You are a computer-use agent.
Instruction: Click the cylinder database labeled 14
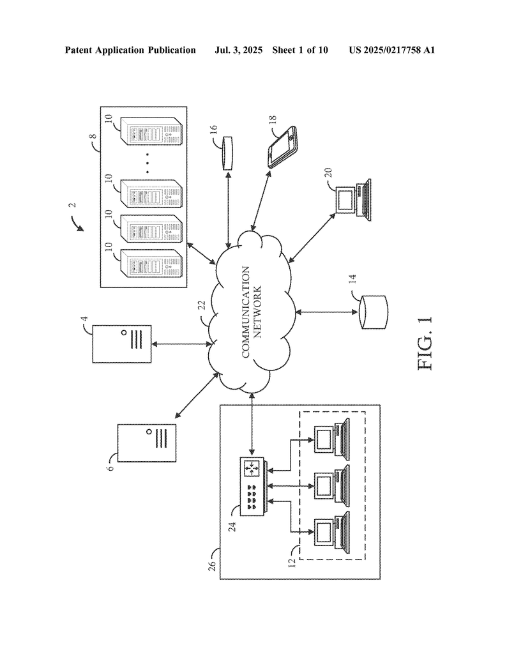click(x=372, y=312)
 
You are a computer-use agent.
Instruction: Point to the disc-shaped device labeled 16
click(x=228, y=154)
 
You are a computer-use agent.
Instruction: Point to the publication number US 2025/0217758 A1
click(x=391, y=50)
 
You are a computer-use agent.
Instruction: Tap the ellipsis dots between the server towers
click(x=147, y=162)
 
